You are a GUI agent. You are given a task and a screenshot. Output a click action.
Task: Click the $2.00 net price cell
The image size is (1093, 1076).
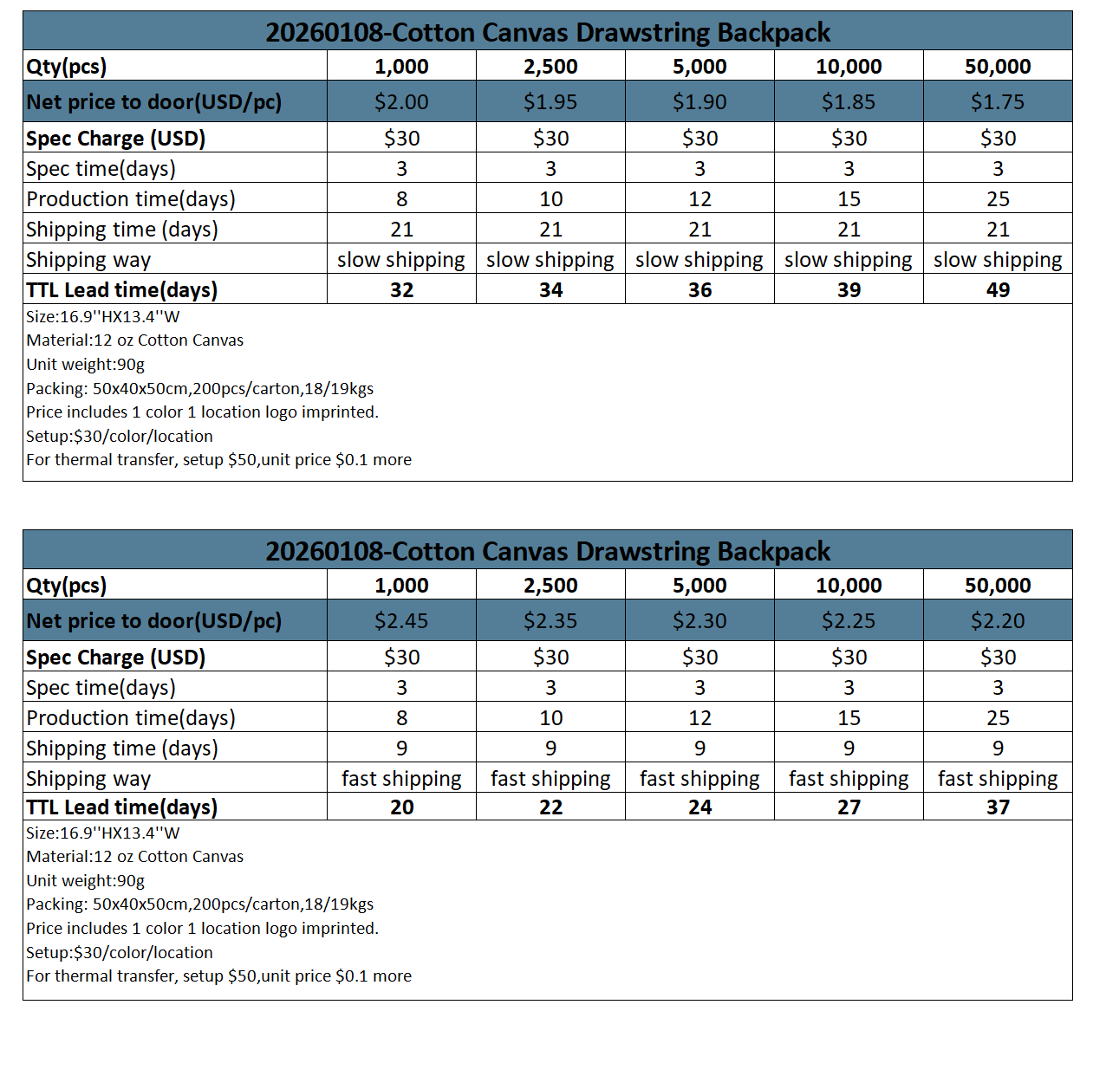(401, 102)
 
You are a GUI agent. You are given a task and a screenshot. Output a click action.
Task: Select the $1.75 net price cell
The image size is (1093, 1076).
(998, 102)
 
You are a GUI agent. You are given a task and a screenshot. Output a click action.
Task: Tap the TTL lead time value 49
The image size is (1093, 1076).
(998, 290)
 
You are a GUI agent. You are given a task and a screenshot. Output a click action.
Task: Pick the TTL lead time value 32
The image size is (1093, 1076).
(401, 290)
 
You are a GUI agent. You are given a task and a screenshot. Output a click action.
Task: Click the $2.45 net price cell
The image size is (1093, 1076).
(401, 621)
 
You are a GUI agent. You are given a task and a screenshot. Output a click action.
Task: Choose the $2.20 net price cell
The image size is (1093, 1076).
(998, 621)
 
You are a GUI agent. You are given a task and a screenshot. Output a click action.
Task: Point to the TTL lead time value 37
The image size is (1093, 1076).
(998, 807)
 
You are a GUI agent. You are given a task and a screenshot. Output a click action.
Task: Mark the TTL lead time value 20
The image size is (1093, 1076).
(401, 807)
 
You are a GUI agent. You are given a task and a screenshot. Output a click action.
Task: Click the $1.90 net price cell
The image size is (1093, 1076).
(699, 102)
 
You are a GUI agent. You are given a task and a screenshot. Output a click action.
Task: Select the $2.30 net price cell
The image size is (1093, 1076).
(699, 621)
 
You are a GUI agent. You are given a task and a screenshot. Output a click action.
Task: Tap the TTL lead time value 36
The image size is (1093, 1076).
(699, 290)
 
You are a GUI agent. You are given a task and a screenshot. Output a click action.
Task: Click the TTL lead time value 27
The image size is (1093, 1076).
(849, 807)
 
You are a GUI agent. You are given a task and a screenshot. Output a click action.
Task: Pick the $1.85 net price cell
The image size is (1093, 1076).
(849, 102)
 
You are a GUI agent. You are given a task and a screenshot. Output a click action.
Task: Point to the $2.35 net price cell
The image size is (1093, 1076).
(550, 621)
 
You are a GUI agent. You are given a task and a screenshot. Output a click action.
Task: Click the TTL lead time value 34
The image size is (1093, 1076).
(550, 290)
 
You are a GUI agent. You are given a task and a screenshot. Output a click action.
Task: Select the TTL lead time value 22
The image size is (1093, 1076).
(550, 807)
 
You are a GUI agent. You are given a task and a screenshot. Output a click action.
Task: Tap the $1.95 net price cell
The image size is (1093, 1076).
(550, 102)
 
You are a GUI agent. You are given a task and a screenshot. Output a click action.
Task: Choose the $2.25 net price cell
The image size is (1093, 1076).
(849, 621)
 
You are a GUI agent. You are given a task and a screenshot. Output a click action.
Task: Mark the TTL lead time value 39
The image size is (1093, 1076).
(849, 290)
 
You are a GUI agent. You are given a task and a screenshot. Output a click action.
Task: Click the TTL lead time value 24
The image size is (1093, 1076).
(699, 807)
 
